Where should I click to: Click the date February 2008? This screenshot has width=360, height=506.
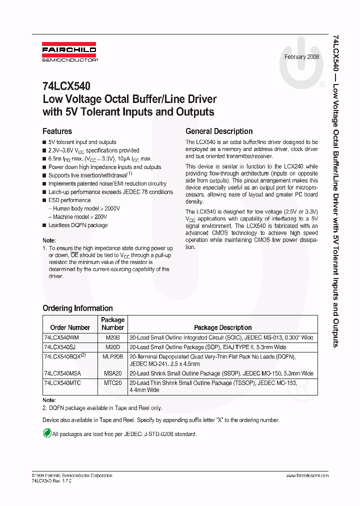pyautogui.click(x=302, y=57)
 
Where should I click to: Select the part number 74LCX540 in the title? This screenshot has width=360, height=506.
pyautogui.click(x=66, y=86)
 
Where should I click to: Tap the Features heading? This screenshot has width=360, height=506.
pyautogui.click(x=57, y=131)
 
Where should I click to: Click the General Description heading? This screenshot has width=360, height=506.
pyautogui.click(x=219, y=131)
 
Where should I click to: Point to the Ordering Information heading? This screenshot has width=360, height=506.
pyautogui.click(x=77, y=308)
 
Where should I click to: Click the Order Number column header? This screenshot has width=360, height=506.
pyautogui.click(x=70, y=327)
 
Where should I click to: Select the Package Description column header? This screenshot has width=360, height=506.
pyautogui.click(x=222, y=327)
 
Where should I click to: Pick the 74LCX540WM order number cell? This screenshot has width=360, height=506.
pyautogui.click(x=62, y=338)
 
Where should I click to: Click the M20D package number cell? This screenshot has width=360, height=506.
pyautogui.click(x=113, y=347)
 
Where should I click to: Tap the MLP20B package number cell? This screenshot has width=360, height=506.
pyautogui.click(x=113, y=356)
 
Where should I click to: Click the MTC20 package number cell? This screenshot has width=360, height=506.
pyautogui.click(x=113, y=382)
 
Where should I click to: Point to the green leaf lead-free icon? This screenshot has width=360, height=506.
pyautogui.click(x=47, y=433)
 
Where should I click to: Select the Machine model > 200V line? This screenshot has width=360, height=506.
pyautogui.click(x=80, y=217)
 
